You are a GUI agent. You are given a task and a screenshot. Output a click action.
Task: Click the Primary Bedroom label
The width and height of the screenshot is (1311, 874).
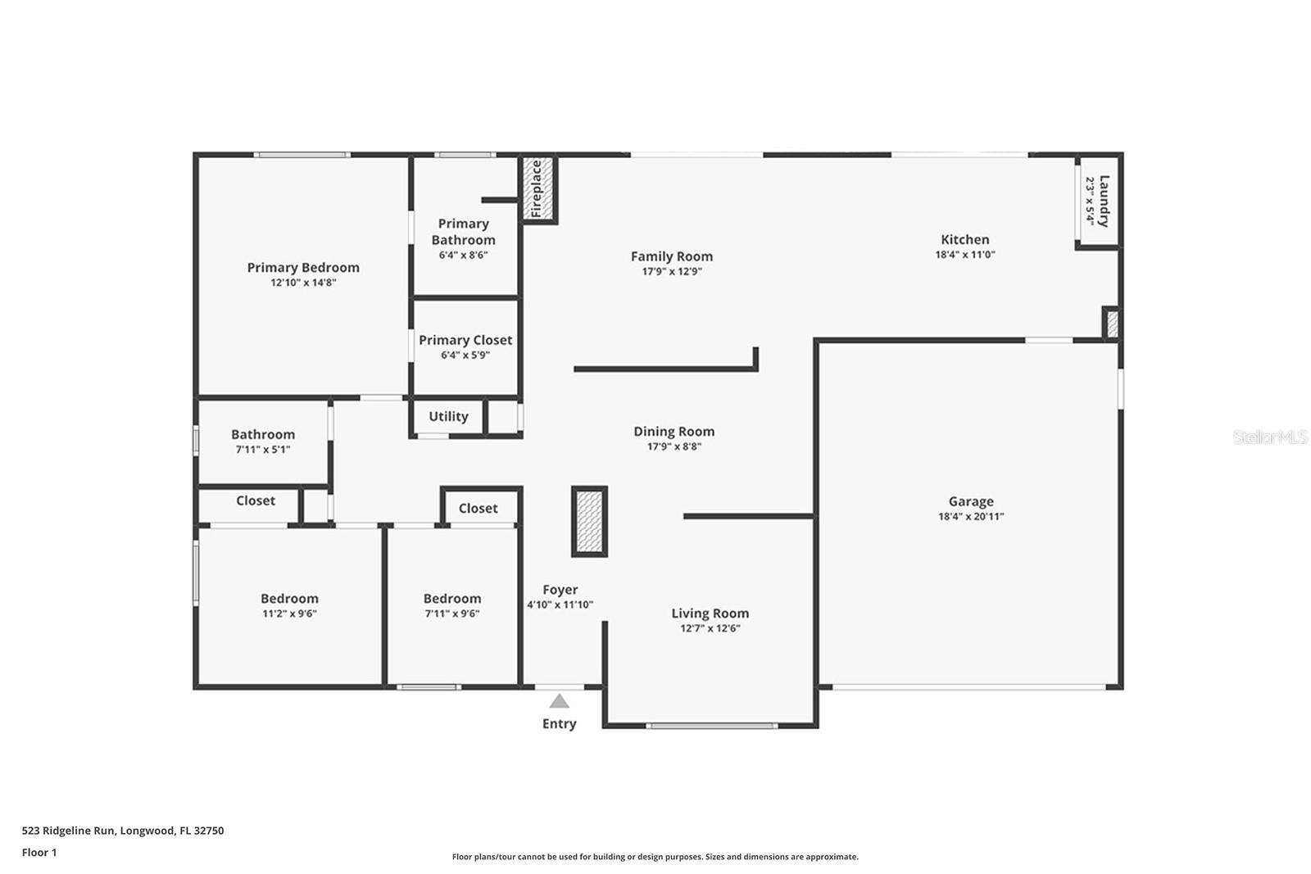303,267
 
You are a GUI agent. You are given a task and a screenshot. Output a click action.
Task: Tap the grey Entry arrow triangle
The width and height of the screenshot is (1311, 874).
559,701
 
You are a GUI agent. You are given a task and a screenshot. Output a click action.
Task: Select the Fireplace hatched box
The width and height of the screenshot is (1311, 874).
538,189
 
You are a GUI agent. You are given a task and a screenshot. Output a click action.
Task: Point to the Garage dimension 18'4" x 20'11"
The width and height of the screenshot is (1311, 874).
971,517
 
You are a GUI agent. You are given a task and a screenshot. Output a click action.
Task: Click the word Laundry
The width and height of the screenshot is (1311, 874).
1104,201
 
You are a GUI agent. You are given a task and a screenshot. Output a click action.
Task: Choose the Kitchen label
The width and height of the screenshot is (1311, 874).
965,239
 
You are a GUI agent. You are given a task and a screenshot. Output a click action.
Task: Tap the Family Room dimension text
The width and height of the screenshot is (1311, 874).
672,271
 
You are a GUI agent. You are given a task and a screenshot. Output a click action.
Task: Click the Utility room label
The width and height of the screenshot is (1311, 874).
448,417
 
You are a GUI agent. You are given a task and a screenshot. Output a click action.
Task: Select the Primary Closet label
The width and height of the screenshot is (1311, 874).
465,340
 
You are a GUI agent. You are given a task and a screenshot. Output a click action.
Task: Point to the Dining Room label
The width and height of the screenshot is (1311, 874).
674,431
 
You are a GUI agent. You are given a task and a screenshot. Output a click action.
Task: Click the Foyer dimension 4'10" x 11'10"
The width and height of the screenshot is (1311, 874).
560,605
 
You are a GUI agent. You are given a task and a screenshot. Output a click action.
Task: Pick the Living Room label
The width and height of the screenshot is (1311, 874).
710,613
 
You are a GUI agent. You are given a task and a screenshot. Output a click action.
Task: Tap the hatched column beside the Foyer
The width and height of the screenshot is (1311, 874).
589,521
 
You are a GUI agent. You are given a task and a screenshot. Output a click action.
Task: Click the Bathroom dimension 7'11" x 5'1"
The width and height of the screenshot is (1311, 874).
263,450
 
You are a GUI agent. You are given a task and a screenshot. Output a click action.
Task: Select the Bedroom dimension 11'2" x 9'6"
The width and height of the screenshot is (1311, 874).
290,614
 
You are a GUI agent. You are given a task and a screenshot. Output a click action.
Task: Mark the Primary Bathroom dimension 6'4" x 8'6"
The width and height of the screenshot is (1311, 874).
464,255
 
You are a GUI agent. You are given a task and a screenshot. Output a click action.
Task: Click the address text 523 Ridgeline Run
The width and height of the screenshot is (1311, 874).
69,831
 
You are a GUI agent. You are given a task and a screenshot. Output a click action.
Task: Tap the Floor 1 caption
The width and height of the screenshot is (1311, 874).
39,853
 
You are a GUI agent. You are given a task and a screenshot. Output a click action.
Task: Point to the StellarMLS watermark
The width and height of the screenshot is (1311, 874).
1269,437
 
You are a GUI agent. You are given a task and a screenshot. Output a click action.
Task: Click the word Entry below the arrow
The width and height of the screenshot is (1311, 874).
560,723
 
